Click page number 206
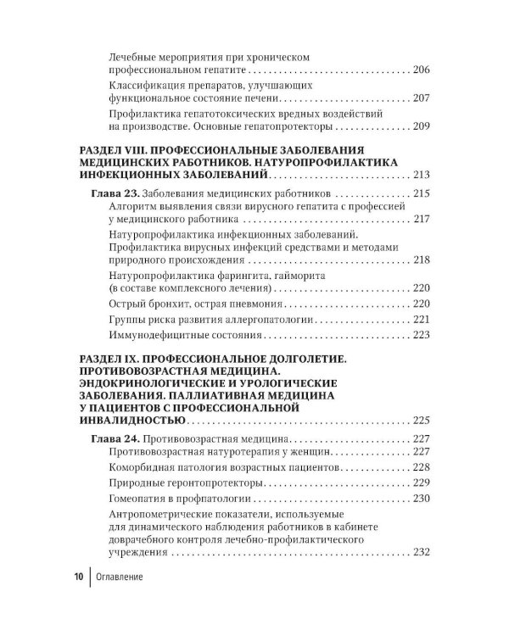pos(422,70)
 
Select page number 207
pos(422,98)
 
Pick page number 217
pos(422,220)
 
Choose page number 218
pos(422,260)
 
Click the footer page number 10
pos(76,578)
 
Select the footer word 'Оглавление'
pos(119,578)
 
